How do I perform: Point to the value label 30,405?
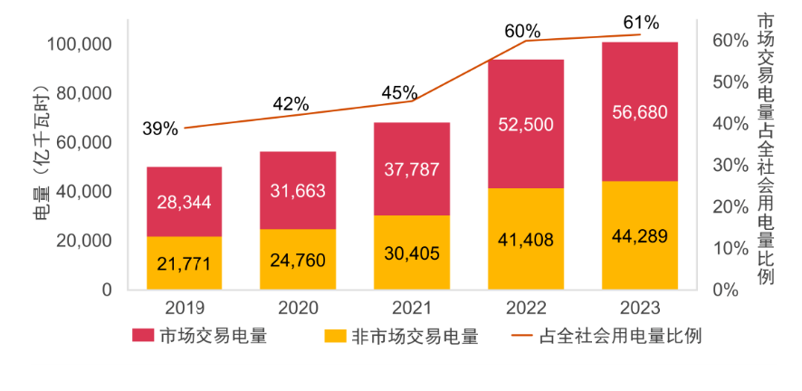click(x=412, y=254)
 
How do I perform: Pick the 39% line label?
click(x=159, y=129)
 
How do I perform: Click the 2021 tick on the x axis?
click(x=412, y=307)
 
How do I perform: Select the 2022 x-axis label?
click(x=526, y=307)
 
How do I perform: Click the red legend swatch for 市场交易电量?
click(x=143, y=336)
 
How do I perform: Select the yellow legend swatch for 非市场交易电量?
click(x=336, y=336)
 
